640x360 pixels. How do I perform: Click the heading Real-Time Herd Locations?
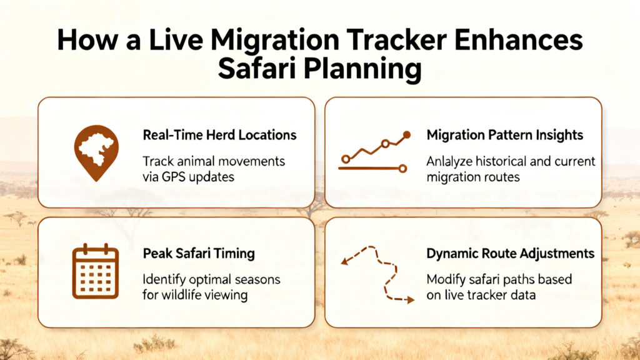(219, 135)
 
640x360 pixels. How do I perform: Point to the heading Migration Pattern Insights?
(504, 135)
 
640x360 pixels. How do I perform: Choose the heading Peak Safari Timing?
(198, 254)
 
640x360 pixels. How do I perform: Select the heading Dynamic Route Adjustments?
(510, 254)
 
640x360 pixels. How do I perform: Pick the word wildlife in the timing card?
(185, 294)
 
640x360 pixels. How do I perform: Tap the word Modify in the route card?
(445, 279)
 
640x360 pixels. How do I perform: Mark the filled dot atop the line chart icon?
(407, 134)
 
